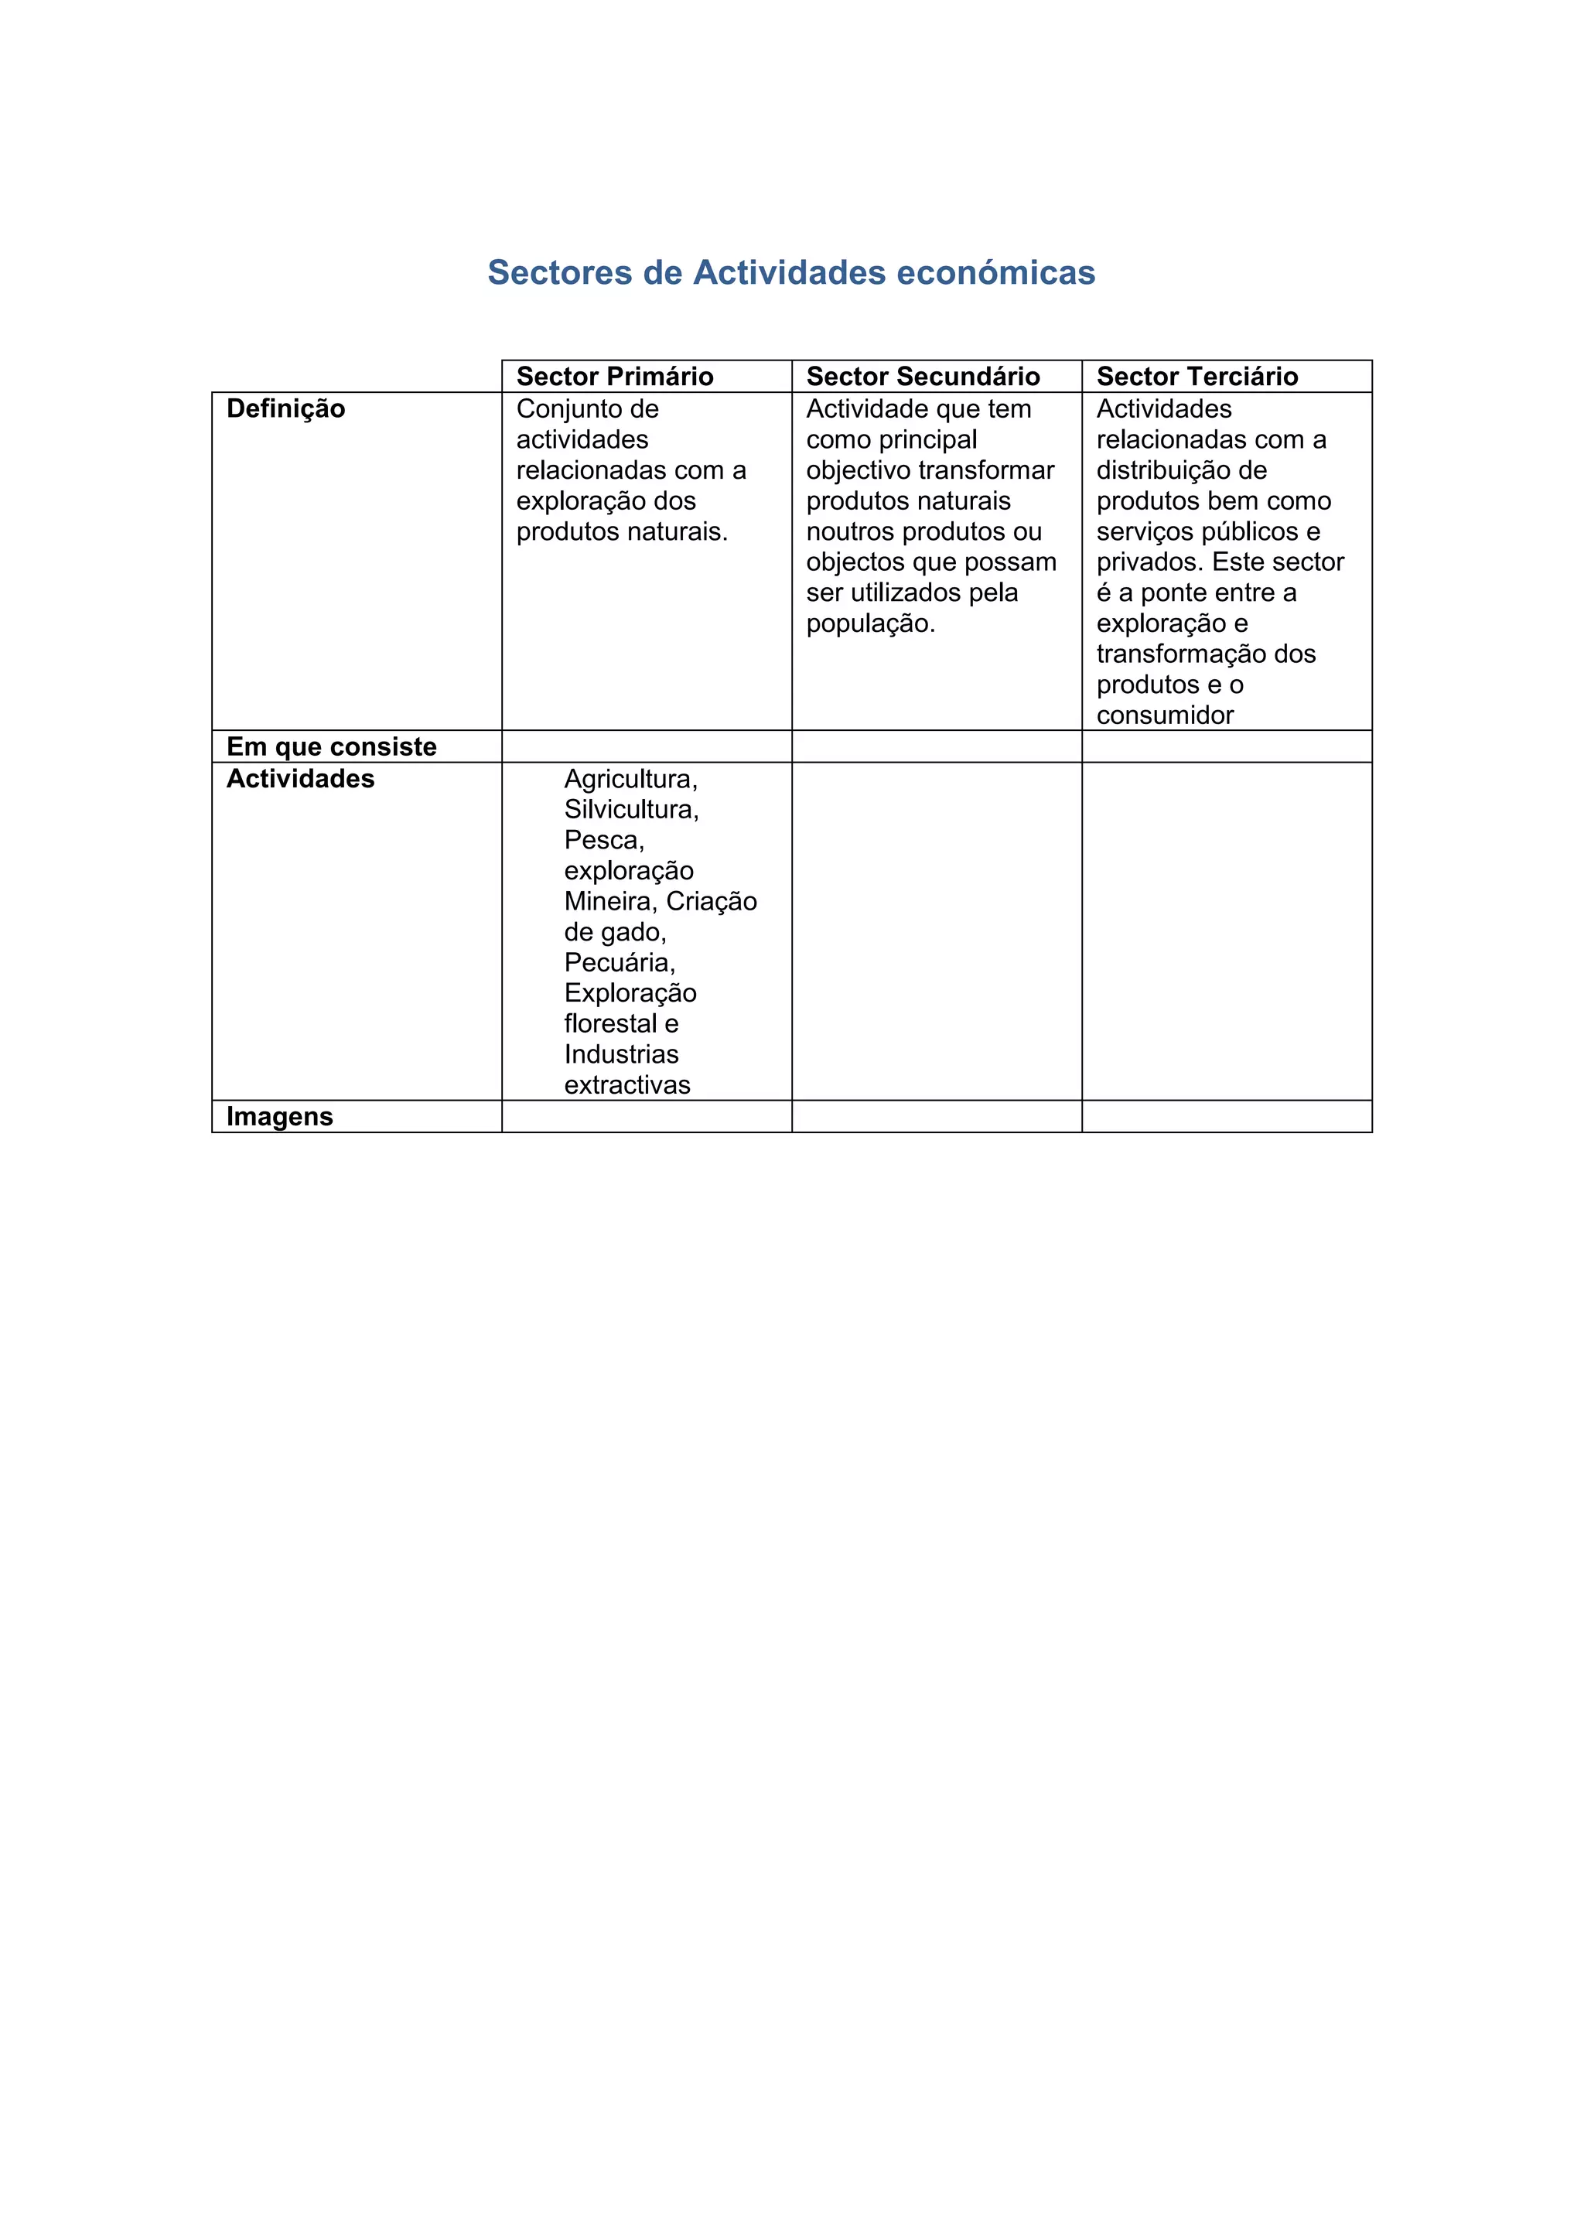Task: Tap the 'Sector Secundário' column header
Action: pos(923,377)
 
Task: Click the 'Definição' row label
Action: pos(285,408)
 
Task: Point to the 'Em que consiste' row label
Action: pos(332,746)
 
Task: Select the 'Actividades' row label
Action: pos(300,779)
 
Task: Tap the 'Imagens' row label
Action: pos(280,1116)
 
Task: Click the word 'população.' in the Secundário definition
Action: pos(870,623)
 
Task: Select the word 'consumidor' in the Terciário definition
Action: pos(1165,715)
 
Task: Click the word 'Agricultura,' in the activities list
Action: pos(630,780)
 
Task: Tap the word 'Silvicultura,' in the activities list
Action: pos(631,810)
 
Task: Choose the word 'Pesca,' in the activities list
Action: pos(604,840)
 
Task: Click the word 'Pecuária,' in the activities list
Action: pos(620,963)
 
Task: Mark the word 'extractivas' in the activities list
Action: pos(626,1085)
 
